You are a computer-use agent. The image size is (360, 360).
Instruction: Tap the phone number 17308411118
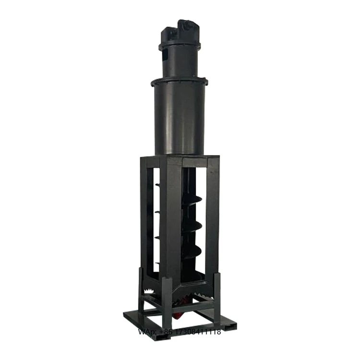point(197,332)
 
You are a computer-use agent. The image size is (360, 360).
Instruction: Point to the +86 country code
point(165,332)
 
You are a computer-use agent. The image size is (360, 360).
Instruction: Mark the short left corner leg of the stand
point(141,288)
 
